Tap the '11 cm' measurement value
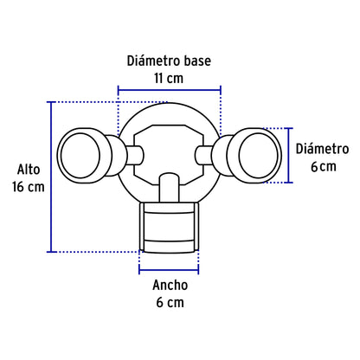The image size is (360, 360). click(x=169, y=77)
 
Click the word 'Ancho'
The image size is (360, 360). click(x=169, y=285)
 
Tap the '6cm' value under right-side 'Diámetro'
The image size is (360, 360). click(x=323, y=166)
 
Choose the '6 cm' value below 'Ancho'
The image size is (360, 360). click(x=169, y=302)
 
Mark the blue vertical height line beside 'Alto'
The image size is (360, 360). click(x=52, y=177)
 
